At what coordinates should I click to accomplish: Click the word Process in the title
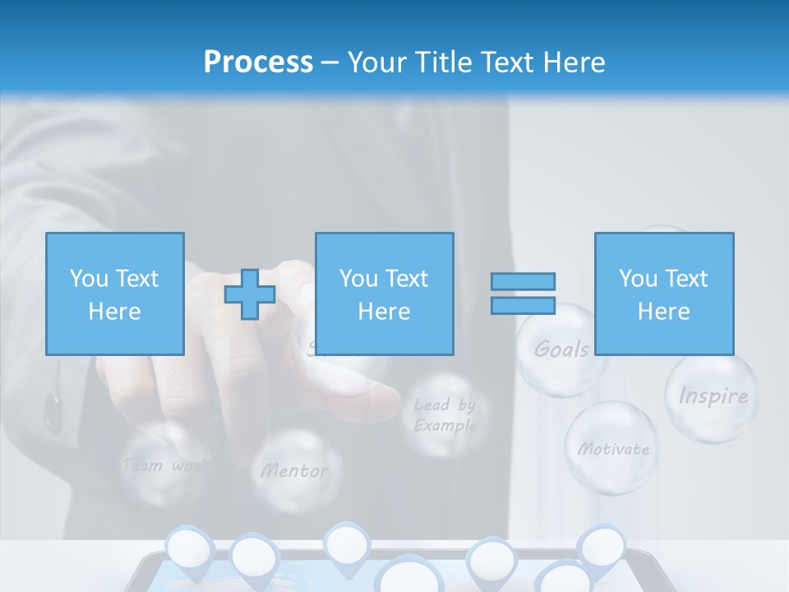258,62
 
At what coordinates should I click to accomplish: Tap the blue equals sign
523,294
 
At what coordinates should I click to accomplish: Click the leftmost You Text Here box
115,294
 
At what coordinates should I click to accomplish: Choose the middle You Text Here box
384,294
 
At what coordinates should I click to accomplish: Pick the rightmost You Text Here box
664,294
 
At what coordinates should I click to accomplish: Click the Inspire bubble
712,397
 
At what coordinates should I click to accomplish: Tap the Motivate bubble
612,448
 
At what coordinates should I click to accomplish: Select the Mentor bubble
295,470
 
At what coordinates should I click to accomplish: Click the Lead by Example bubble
445,415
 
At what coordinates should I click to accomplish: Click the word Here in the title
573,62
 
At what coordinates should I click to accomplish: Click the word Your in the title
377,62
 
